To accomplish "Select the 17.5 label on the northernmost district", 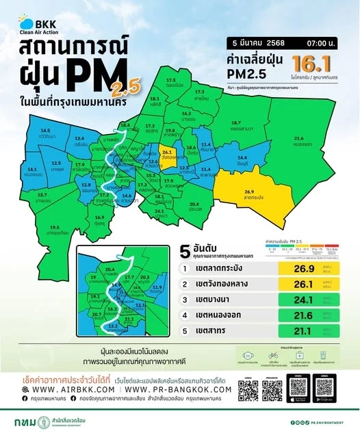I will point(170,81).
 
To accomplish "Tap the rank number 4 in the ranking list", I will point(184,315).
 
